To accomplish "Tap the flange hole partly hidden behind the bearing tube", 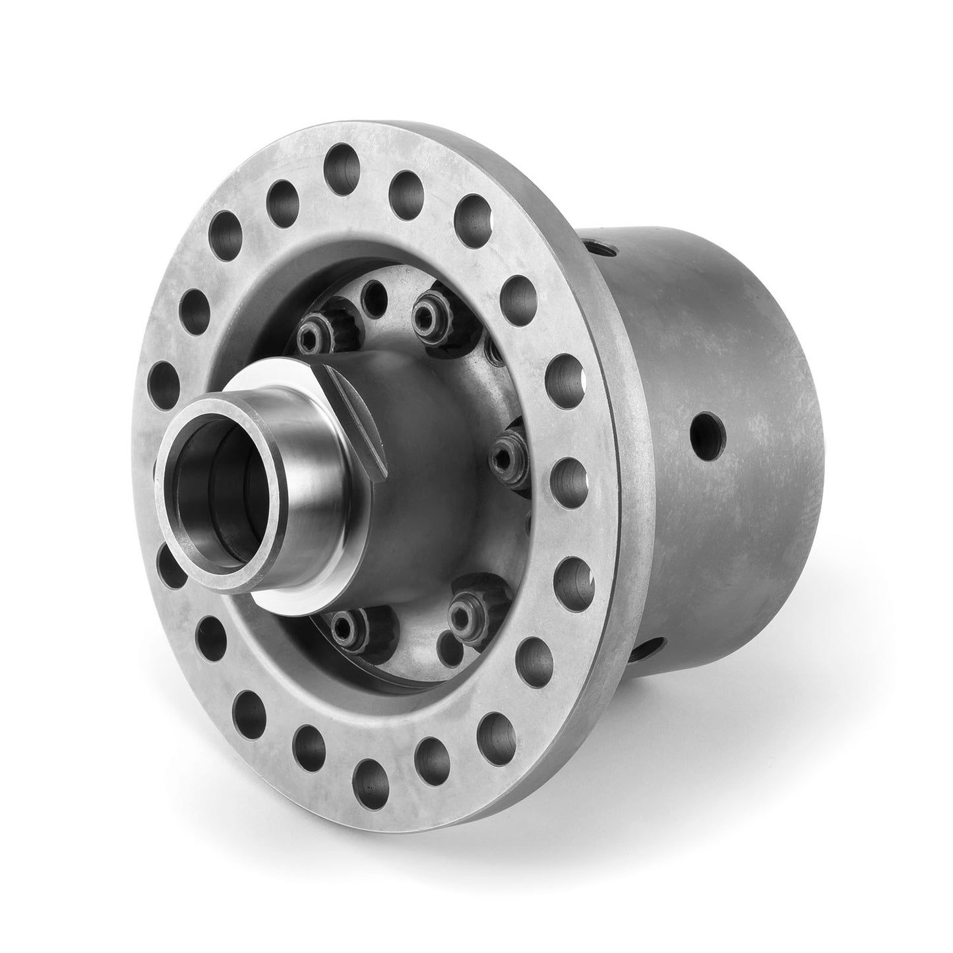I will tap(169, 567).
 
